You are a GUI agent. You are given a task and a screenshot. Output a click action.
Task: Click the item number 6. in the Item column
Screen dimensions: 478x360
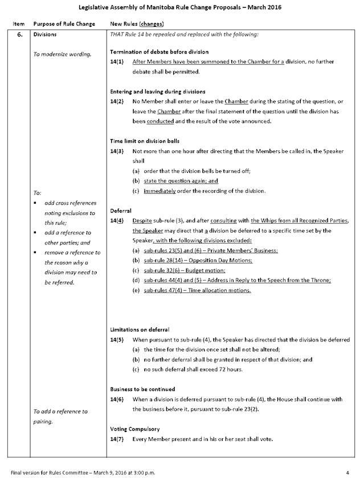click(x=16, y=35)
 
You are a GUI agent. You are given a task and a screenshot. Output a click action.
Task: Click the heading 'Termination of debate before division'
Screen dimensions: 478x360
click(x=159, y=52)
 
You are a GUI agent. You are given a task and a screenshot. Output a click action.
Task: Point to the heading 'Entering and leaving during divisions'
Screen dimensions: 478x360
click(x=158, y=92)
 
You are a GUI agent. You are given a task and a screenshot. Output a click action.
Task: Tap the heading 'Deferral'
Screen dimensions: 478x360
click(x=121, y=211)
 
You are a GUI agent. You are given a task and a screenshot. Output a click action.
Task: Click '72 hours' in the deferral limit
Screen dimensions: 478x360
click(x=229, y=369)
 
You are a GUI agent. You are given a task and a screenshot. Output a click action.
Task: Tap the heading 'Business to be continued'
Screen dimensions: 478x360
click(x=143, y=389)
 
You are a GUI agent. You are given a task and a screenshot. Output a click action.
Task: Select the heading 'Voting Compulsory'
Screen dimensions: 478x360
click(x=134, y=429)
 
